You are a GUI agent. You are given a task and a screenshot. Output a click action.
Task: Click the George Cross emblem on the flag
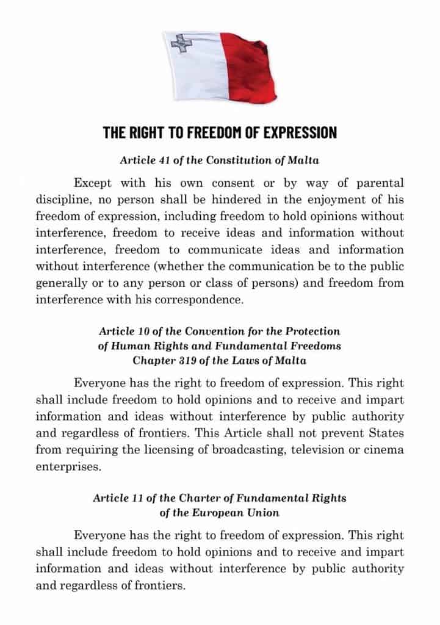(x=180, y=43)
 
